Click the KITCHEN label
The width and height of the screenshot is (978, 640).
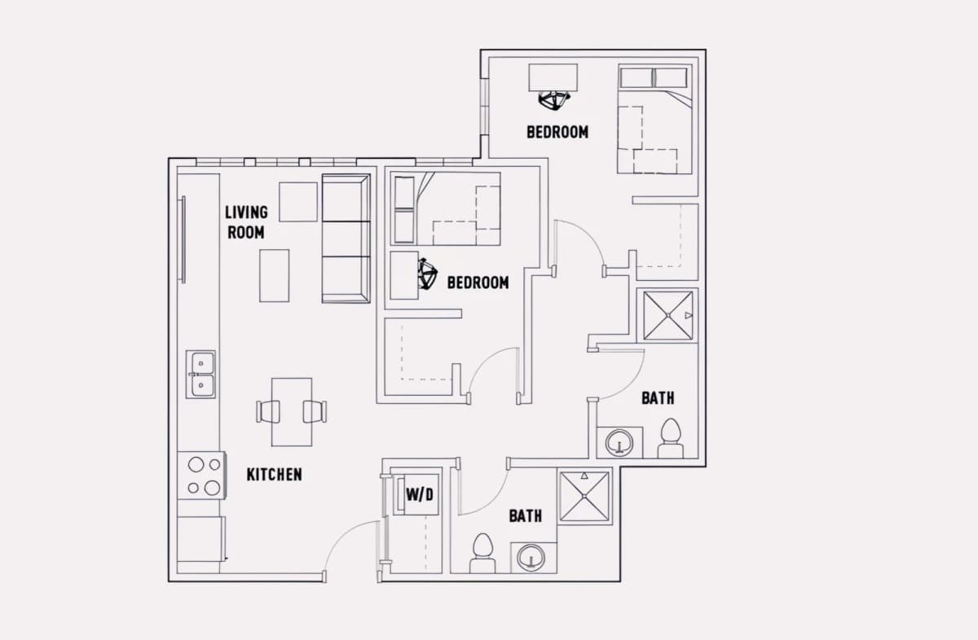(x=274, y=475)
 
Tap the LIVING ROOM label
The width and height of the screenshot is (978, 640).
(x=246, y=222)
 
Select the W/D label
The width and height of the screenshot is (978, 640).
(x=420, y=495)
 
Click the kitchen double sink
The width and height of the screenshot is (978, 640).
(x=200, y=375)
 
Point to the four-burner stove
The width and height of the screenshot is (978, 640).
(x=202, y=476)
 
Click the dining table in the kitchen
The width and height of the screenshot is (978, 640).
(x=292, y=412)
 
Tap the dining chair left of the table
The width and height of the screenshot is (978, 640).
(x=267, y=412)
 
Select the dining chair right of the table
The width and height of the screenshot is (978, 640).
(x=315, y=412)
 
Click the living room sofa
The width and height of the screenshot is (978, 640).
(x=346, y=239)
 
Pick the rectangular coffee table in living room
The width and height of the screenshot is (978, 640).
(x=274, y=276)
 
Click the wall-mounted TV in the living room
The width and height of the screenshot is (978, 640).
(x=183, y=239)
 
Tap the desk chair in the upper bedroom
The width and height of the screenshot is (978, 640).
(x=554, y=100)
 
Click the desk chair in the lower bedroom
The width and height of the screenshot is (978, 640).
(x=427, y=274)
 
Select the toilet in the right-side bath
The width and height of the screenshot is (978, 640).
(x=671, y=438)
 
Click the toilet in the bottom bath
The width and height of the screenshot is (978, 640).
(x=482, y=553)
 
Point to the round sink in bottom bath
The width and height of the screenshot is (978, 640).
(x=531, y=558)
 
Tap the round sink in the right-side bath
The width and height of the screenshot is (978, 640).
(x=619, y=442)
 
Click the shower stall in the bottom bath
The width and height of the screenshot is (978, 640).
(x=584, y=497)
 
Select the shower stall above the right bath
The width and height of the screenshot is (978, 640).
(x=667, y=315)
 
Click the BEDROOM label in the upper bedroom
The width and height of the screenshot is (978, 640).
(x=557, y=132)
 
